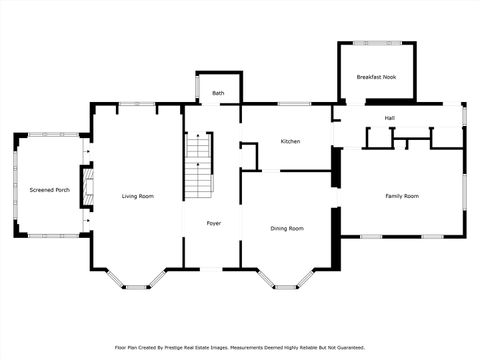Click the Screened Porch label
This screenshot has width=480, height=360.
click(x=49, y=189)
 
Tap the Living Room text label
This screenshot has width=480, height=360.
click(x=138, y=196)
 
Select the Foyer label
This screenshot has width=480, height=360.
click(x=214, y=223)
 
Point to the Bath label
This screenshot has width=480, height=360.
click(x=218, y=93)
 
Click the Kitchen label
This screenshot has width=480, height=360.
click(x=290, y=141)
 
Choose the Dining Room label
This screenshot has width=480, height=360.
click(x=287, y=228)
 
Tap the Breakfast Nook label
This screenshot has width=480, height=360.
click(x=376, y=77)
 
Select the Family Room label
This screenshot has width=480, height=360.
click(x=402, y=196)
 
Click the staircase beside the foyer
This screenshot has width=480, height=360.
click(x=200, y=166)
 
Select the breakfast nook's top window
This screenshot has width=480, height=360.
click(x=376, y=41)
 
